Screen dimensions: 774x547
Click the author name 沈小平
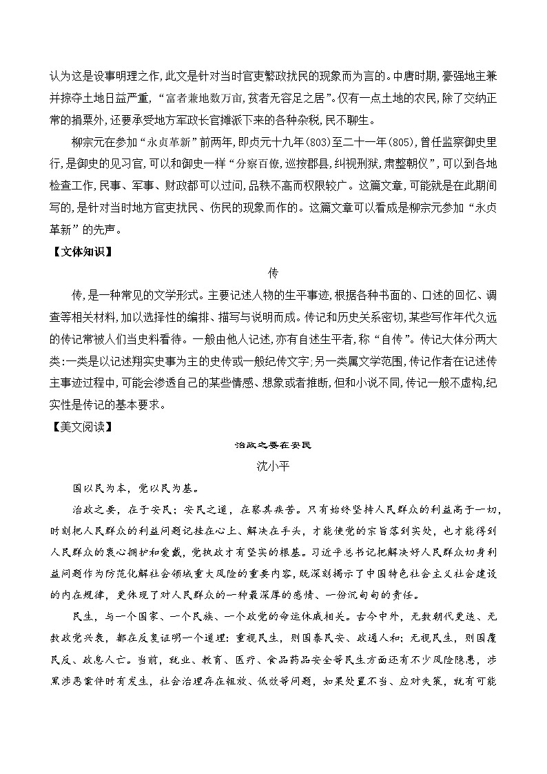[273, 466]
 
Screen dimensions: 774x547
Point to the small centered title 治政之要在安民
[273, 445]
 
